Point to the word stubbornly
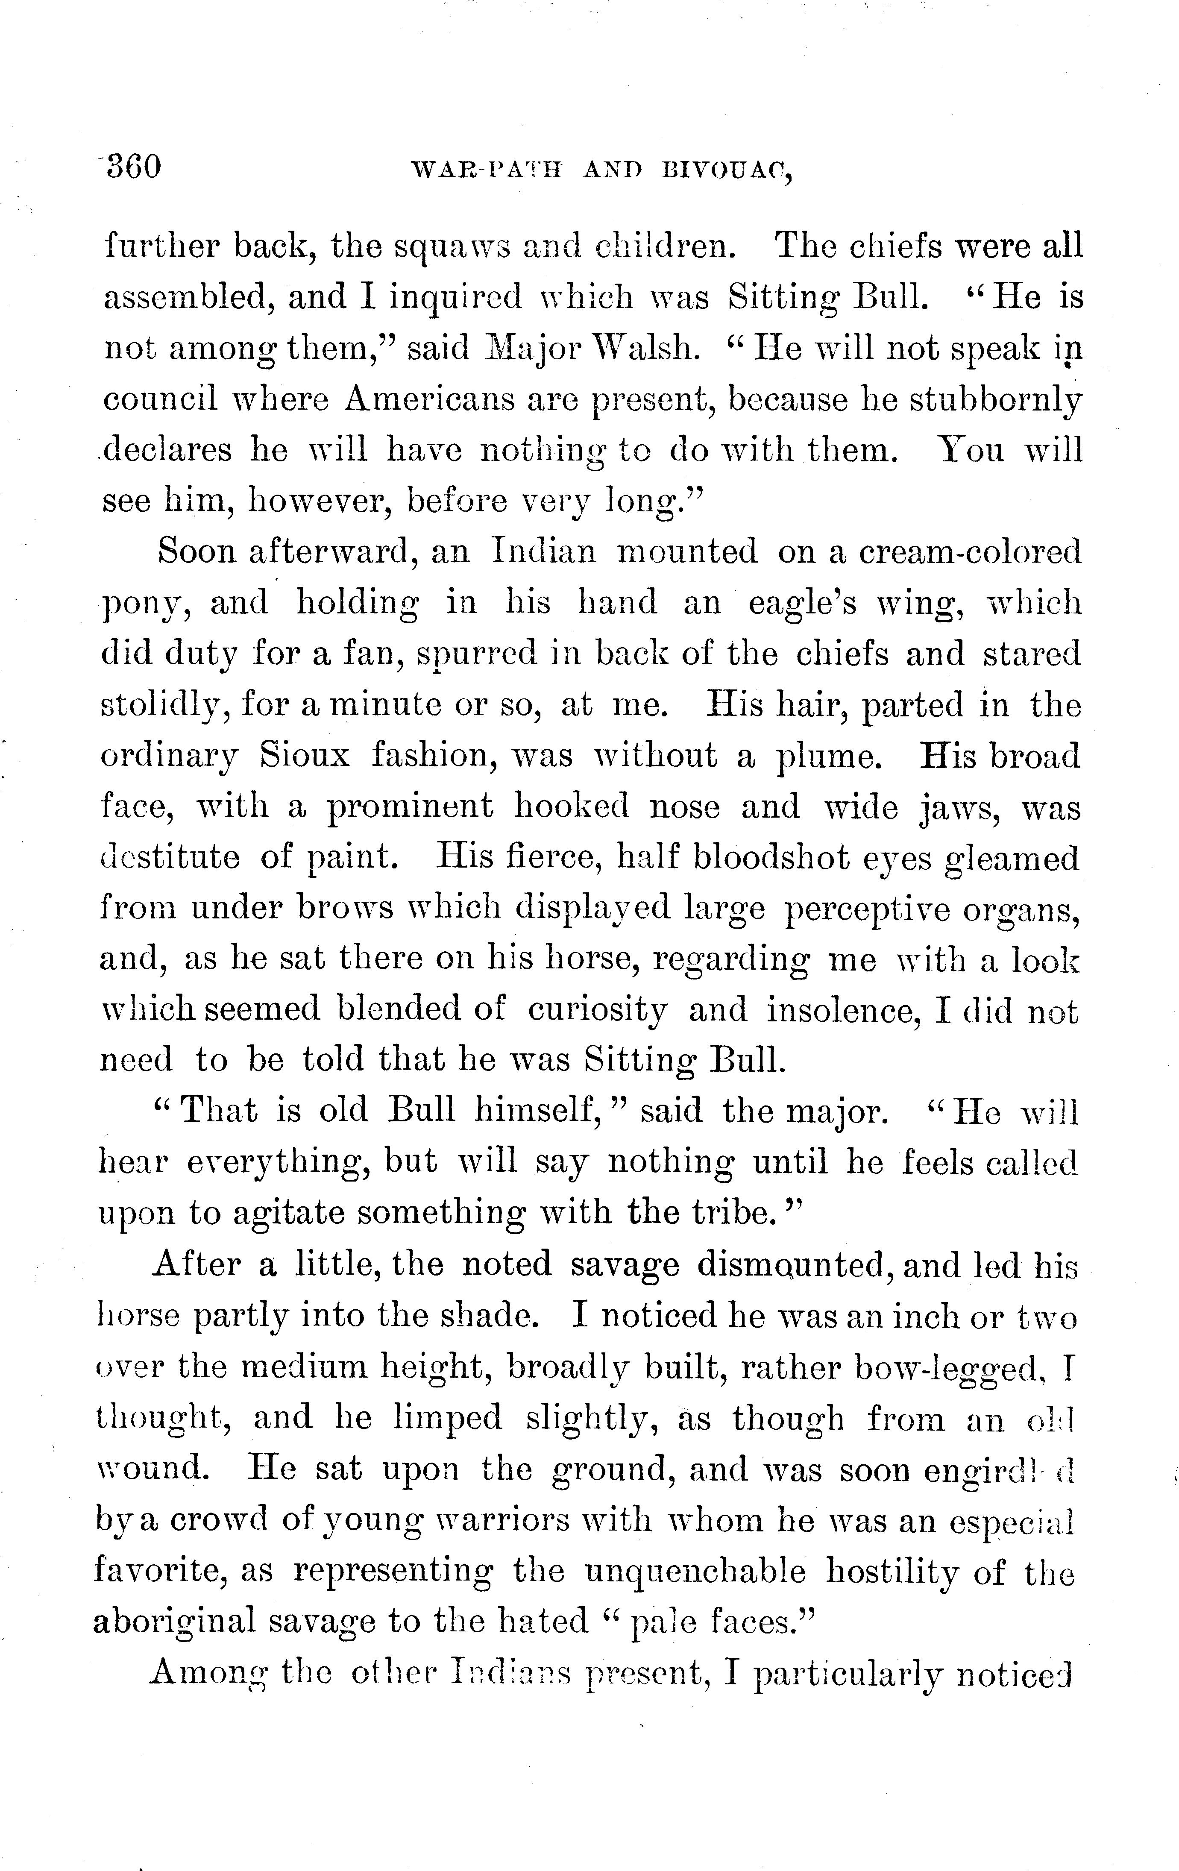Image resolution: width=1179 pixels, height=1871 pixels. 995,400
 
